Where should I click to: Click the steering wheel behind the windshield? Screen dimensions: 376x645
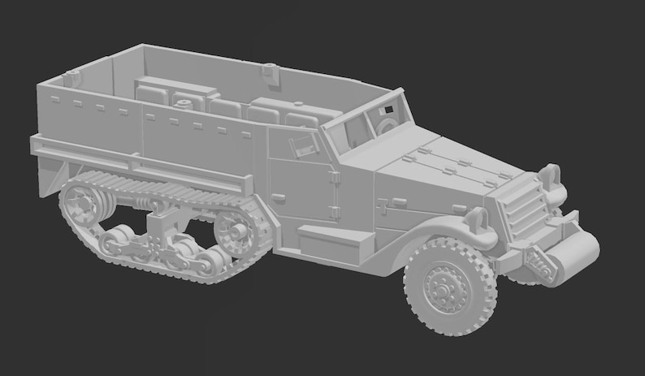[x=386, y=126]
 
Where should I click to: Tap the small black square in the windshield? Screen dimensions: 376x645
[x=389, y=109]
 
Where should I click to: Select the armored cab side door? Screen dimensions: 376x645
[x=302, y=192]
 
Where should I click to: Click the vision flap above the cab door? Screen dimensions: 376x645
[x=304, y=145]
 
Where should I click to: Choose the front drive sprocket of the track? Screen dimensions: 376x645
[x=236, y=231]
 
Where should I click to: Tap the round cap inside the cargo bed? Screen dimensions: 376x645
[x=186, y=103]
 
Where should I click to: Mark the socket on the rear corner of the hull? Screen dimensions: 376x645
[x=71, y=79]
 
